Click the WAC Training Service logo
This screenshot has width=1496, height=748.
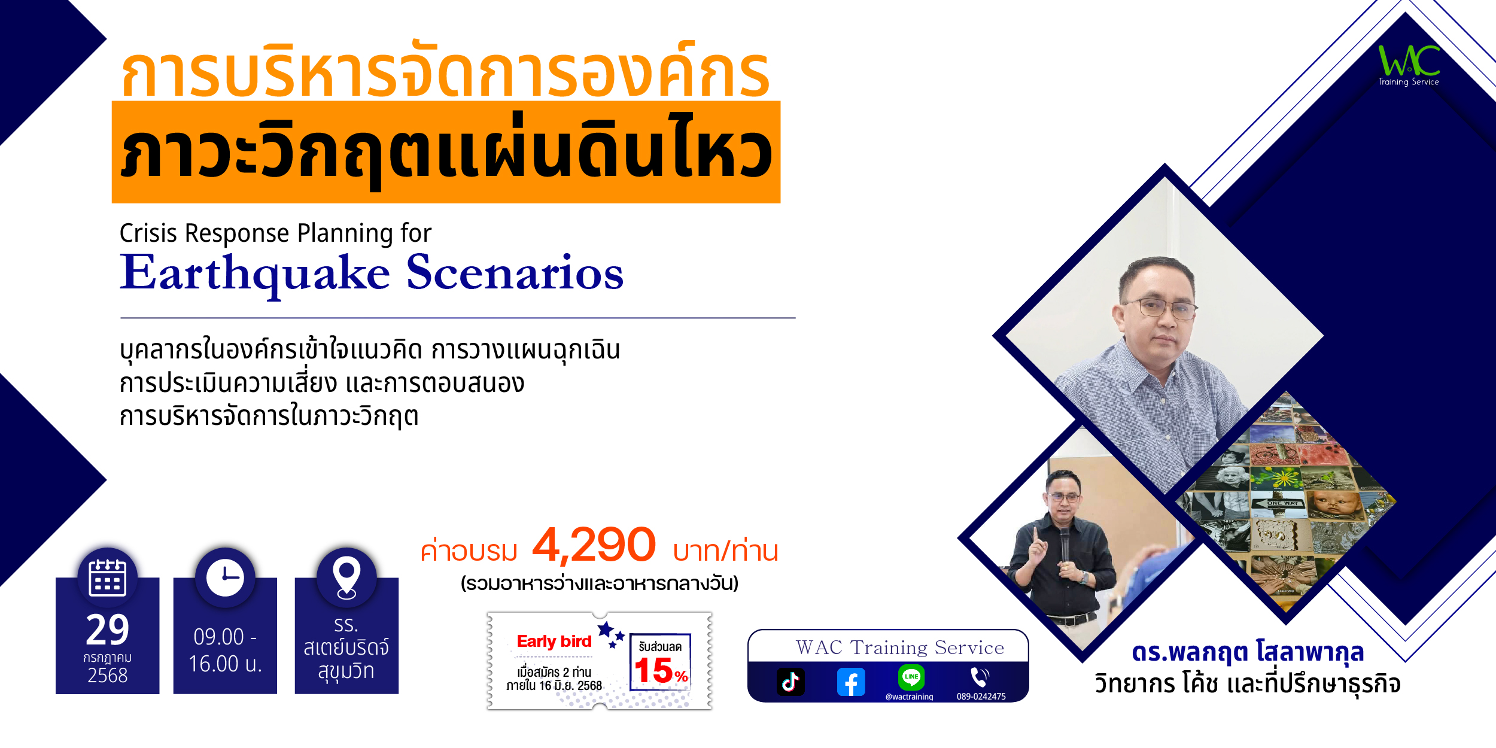coord(1409,65)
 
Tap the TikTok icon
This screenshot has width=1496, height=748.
coord(790,682)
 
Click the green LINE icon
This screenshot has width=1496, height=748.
coord(911,677)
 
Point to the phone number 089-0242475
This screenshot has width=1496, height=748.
coord(981,696)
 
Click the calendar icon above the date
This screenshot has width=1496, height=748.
coord(107,578)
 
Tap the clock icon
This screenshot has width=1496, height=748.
coord(225,578)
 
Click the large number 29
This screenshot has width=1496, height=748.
coord(108,630)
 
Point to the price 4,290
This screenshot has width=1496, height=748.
coord(594,545)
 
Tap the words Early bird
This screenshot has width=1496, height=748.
coord(554,641)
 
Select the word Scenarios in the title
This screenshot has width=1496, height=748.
coord(515,272)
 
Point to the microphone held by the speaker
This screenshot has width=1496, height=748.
coord(1065,542)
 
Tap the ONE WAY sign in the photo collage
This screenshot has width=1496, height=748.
coord(1281,503)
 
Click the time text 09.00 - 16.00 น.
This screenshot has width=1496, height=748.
coord(225,650)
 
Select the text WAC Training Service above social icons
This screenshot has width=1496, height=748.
coord(900,647)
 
